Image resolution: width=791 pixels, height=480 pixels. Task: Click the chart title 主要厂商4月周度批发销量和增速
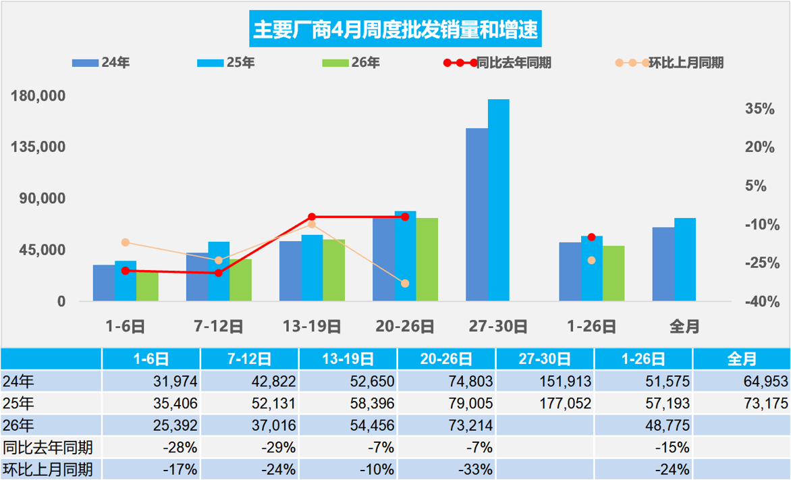coord(395,30)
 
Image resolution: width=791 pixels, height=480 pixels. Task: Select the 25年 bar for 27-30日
coord(498,200)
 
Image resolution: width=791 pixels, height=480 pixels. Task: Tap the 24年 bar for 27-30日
coord(476,215)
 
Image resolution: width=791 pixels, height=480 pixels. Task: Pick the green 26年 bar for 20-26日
coord(427,259)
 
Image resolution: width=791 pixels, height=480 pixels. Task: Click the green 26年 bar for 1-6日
coord(147,286)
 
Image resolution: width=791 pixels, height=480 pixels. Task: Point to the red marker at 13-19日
coord(312,217)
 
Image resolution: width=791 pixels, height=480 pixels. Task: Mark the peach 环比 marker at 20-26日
coord(405,284)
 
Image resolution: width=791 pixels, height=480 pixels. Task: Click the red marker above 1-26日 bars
coord(591,237)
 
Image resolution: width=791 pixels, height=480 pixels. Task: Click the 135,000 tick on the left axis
coord(38,146)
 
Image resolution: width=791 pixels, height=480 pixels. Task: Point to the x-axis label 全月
coord(684,327)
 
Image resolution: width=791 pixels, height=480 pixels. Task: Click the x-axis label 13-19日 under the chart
coord(312,327)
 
